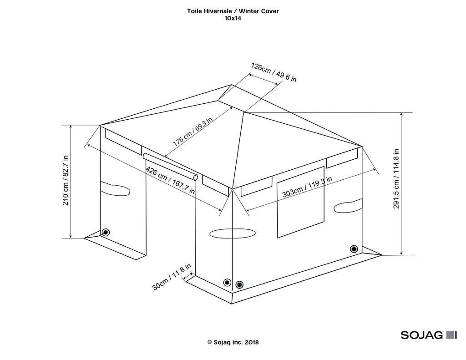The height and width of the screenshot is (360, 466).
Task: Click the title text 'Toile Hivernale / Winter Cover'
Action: pyautogui.click(x=233, y=11)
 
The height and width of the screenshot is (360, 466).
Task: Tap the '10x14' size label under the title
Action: pyautogui.click(x=233, y=18)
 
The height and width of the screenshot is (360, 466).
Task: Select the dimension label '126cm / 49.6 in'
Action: pyautogui.click(x=274, y=72)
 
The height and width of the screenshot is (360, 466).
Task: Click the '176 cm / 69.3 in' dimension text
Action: pyautogui.click(x=192, y=132)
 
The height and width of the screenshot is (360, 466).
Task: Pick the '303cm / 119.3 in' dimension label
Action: pyautogui.click(x=307, y=187)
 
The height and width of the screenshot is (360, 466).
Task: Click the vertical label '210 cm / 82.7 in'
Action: pyautogui.click(x=66, y=180)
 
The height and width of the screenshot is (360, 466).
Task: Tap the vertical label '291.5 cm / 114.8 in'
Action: pyautogui.click(x=396, y=179)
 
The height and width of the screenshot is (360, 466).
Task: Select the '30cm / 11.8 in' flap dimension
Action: pyautogui.click(x=172, y=277)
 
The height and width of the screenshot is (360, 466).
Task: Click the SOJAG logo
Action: pyautogui.click(x=429, y=335)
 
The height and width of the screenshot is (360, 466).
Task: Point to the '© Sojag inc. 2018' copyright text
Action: pyautogui.click(x=233, y=342)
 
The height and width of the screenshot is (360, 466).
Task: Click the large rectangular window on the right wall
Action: pyautogui.click(x=300, y=202)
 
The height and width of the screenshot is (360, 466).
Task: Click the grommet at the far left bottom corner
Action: pyautogui.click(x=106, y=232)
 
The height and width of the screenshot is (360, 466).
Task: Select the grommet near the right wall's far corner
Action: pyautogui.click(x=354, y=249)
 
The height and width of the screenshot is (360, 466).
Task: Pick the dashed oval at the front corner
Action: pyautogui.click(x=233, y=233)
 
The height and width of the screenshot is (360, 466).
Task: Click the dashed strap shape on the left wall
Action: pyautogui.click(x=115, y=188)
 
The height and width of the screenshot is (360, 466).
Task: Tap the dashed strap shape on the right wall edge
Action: pyautogui.click(x=348, y=206)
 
